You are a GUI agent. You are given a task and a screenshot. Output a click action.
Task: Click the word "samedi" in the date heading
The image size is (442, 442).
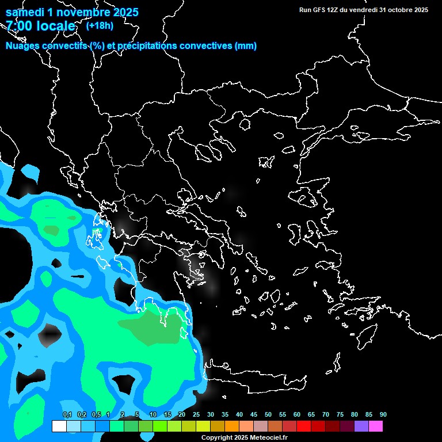[27, 12]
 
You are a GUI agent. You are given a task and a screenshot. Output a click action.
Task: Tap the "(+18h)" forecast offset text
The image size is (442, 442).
[100, 25]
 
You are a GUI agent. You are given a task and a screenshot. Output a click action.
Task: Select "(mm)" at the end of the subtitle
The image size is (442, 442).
[246, 46]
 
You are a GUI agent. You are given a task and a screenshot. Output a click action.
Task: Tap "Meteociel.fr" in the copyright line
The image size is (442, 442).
[267, 438]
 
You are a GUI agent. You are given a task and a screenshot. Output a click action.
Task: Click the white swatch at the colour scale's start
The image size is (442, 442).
[59, 426]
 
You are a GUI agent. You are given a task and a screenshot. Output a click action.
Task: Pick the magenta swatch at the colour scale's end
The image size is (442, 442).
[375, 426]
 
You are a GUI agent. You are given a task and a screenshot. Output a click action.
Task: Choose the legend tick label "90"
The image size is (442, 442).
[383, 414]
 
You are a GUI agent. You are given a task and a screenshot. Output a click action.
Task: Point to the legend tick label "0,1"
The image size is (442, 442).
[67, 414]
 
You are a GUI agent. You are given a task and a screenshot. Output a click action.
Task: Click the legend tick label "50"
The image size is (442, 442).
[268, 414]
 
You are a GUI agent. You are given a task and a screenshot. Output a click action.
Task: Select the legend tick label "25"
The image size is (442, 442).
[196, 414]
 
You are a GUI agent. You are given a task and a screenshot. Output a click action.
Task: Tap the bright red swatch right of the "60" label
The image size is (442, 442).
[304, 426]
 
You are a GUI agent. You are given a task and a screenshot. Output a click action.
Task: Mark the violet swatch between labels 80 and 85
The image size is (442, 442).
[361, 426]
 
